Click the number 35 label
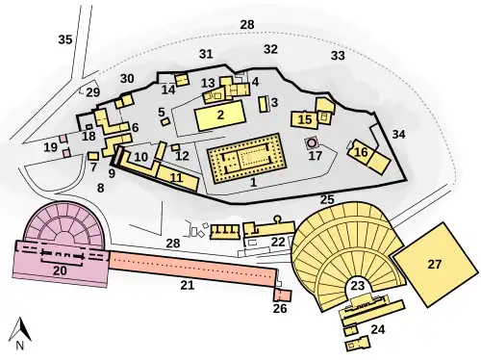tap(65, 39)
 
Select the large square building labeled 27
tap(434, 263)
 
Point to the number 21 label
tap(188, 285)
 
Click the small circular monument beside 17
tap(312, 142)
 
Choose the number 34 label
tap(399, 134)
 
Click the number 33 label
tap(338, 56)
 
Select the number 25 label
tap(327, 199)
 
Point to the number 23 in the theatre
tap(358, 285)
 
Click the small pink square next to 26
tap(283, 294)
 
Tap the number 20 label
tap(59, 271)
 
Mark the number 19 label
tap(50, 147)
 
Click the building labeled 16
tap(361, 151)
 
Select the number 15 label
tap(305, 119)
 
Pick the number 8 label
tap(100, 187)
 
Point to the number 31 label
tap(205, 53)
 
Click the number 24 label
tap(378, 329)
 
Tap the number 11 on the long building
tap(175, 177)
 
